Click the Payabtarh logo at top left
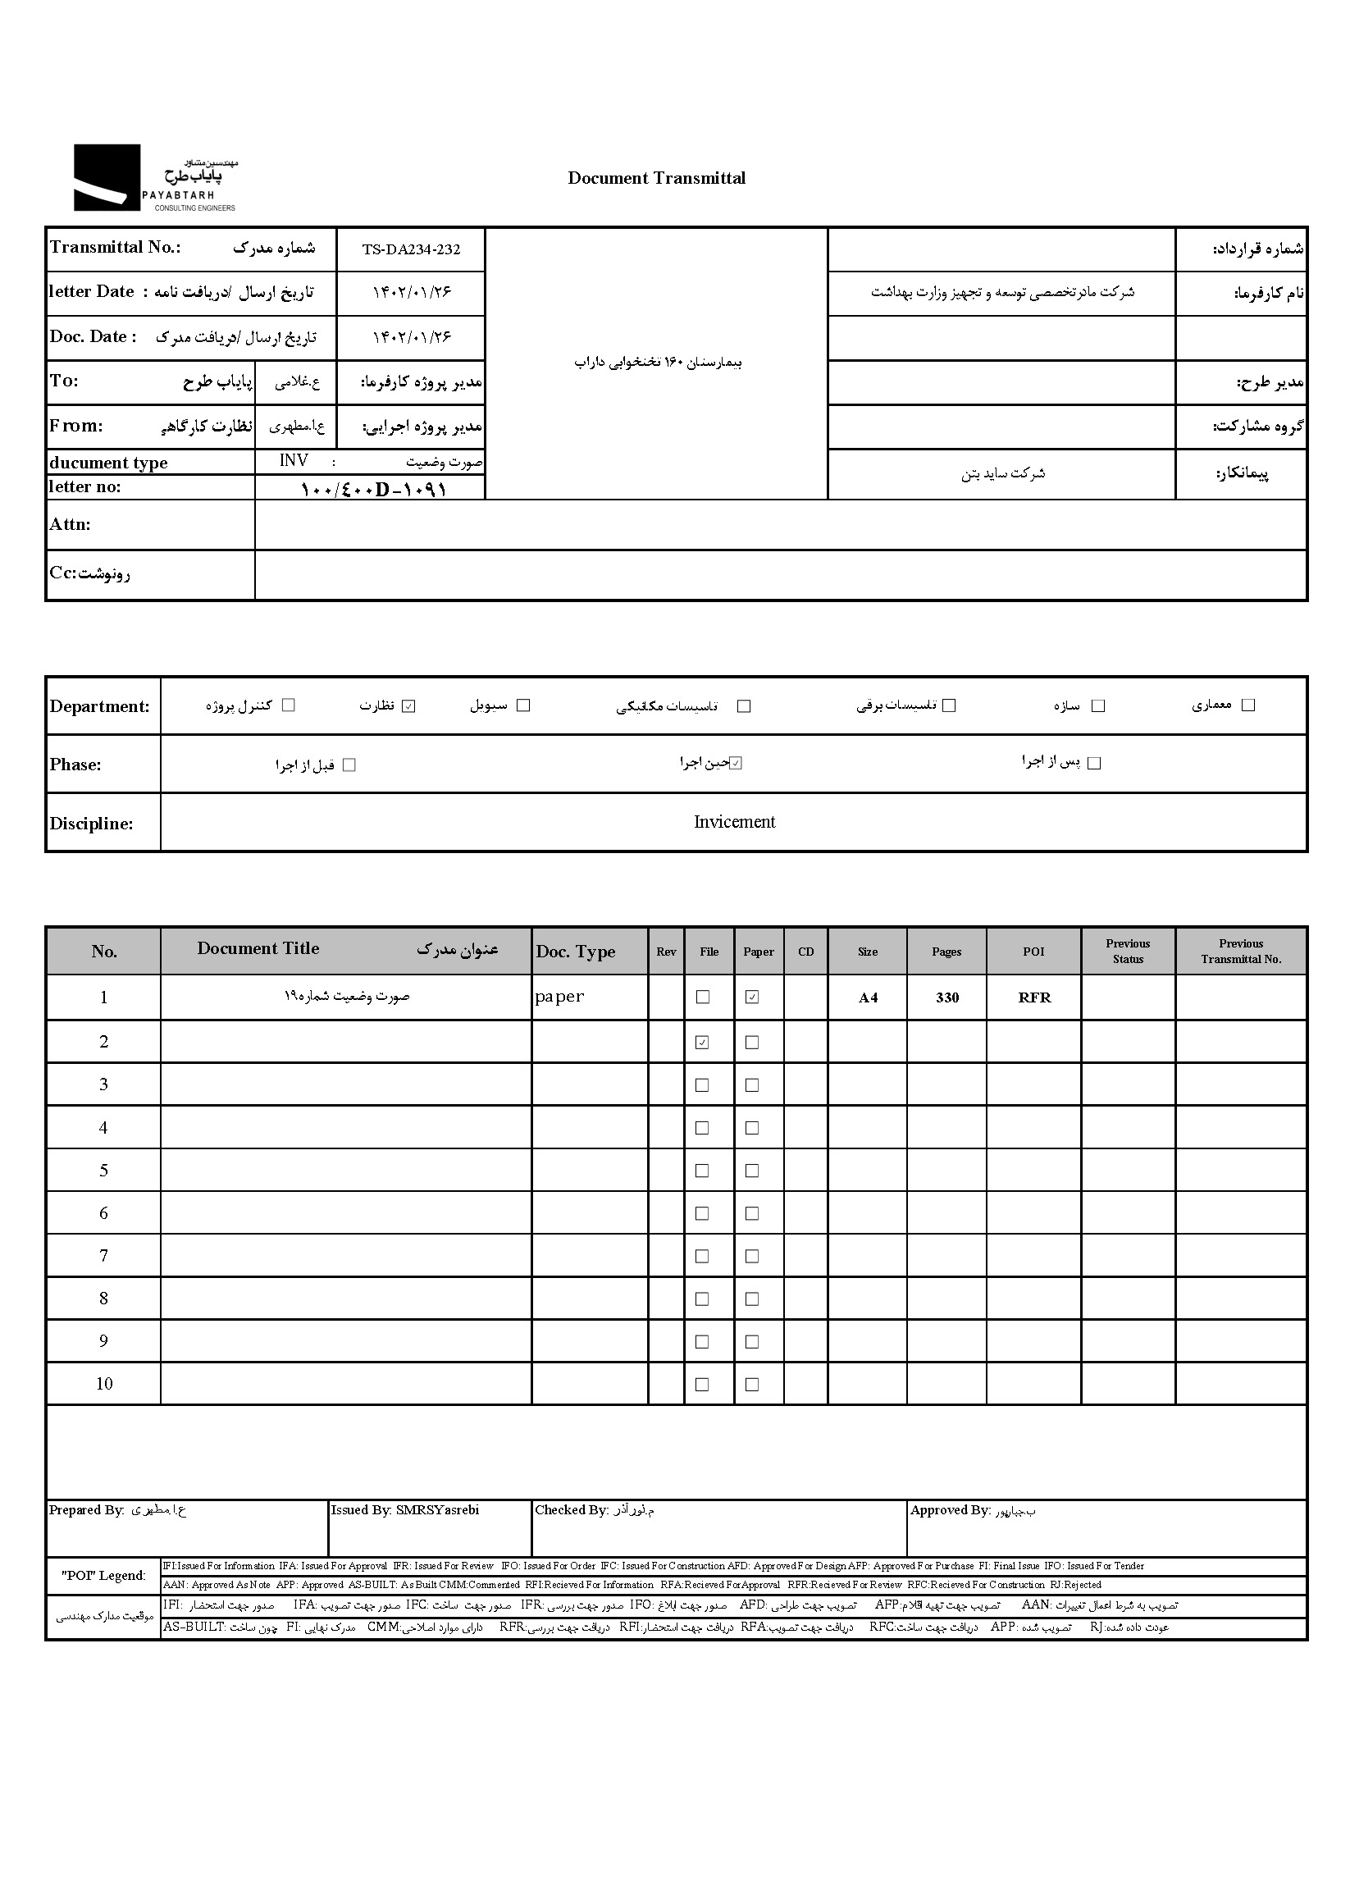[x=154, y=178]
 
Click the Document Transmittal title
[x=656, y=178]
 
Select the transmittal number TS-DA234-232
[x=411, y=249]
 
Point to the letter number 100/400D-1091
[x=373, y=489]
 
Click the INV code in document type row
[x=294, y=461]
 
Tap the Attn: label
[x=70, y=525]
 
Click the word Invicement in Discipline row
[x=734, y=822]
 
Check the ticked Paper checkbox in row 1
[x=752, y=997]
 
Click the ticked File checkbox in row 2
[x=702, y=1042]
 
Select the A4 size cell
[x=868, y=997]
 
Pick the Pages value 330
[x=946, y=997]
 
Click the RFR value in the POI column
[x=1034, y=997]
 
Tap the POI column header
[x=1033, y=952]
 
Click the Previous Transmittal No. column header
[x=1240, y=952]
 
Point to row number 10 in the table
[x=104, y=1384]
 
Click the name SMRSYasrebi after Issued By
[x=437, y=1510]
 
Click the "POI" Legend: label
[x=104, y=1576]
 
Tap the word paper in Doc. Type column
[x=559, y=997]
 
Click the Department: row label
[x=100, y=707]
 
